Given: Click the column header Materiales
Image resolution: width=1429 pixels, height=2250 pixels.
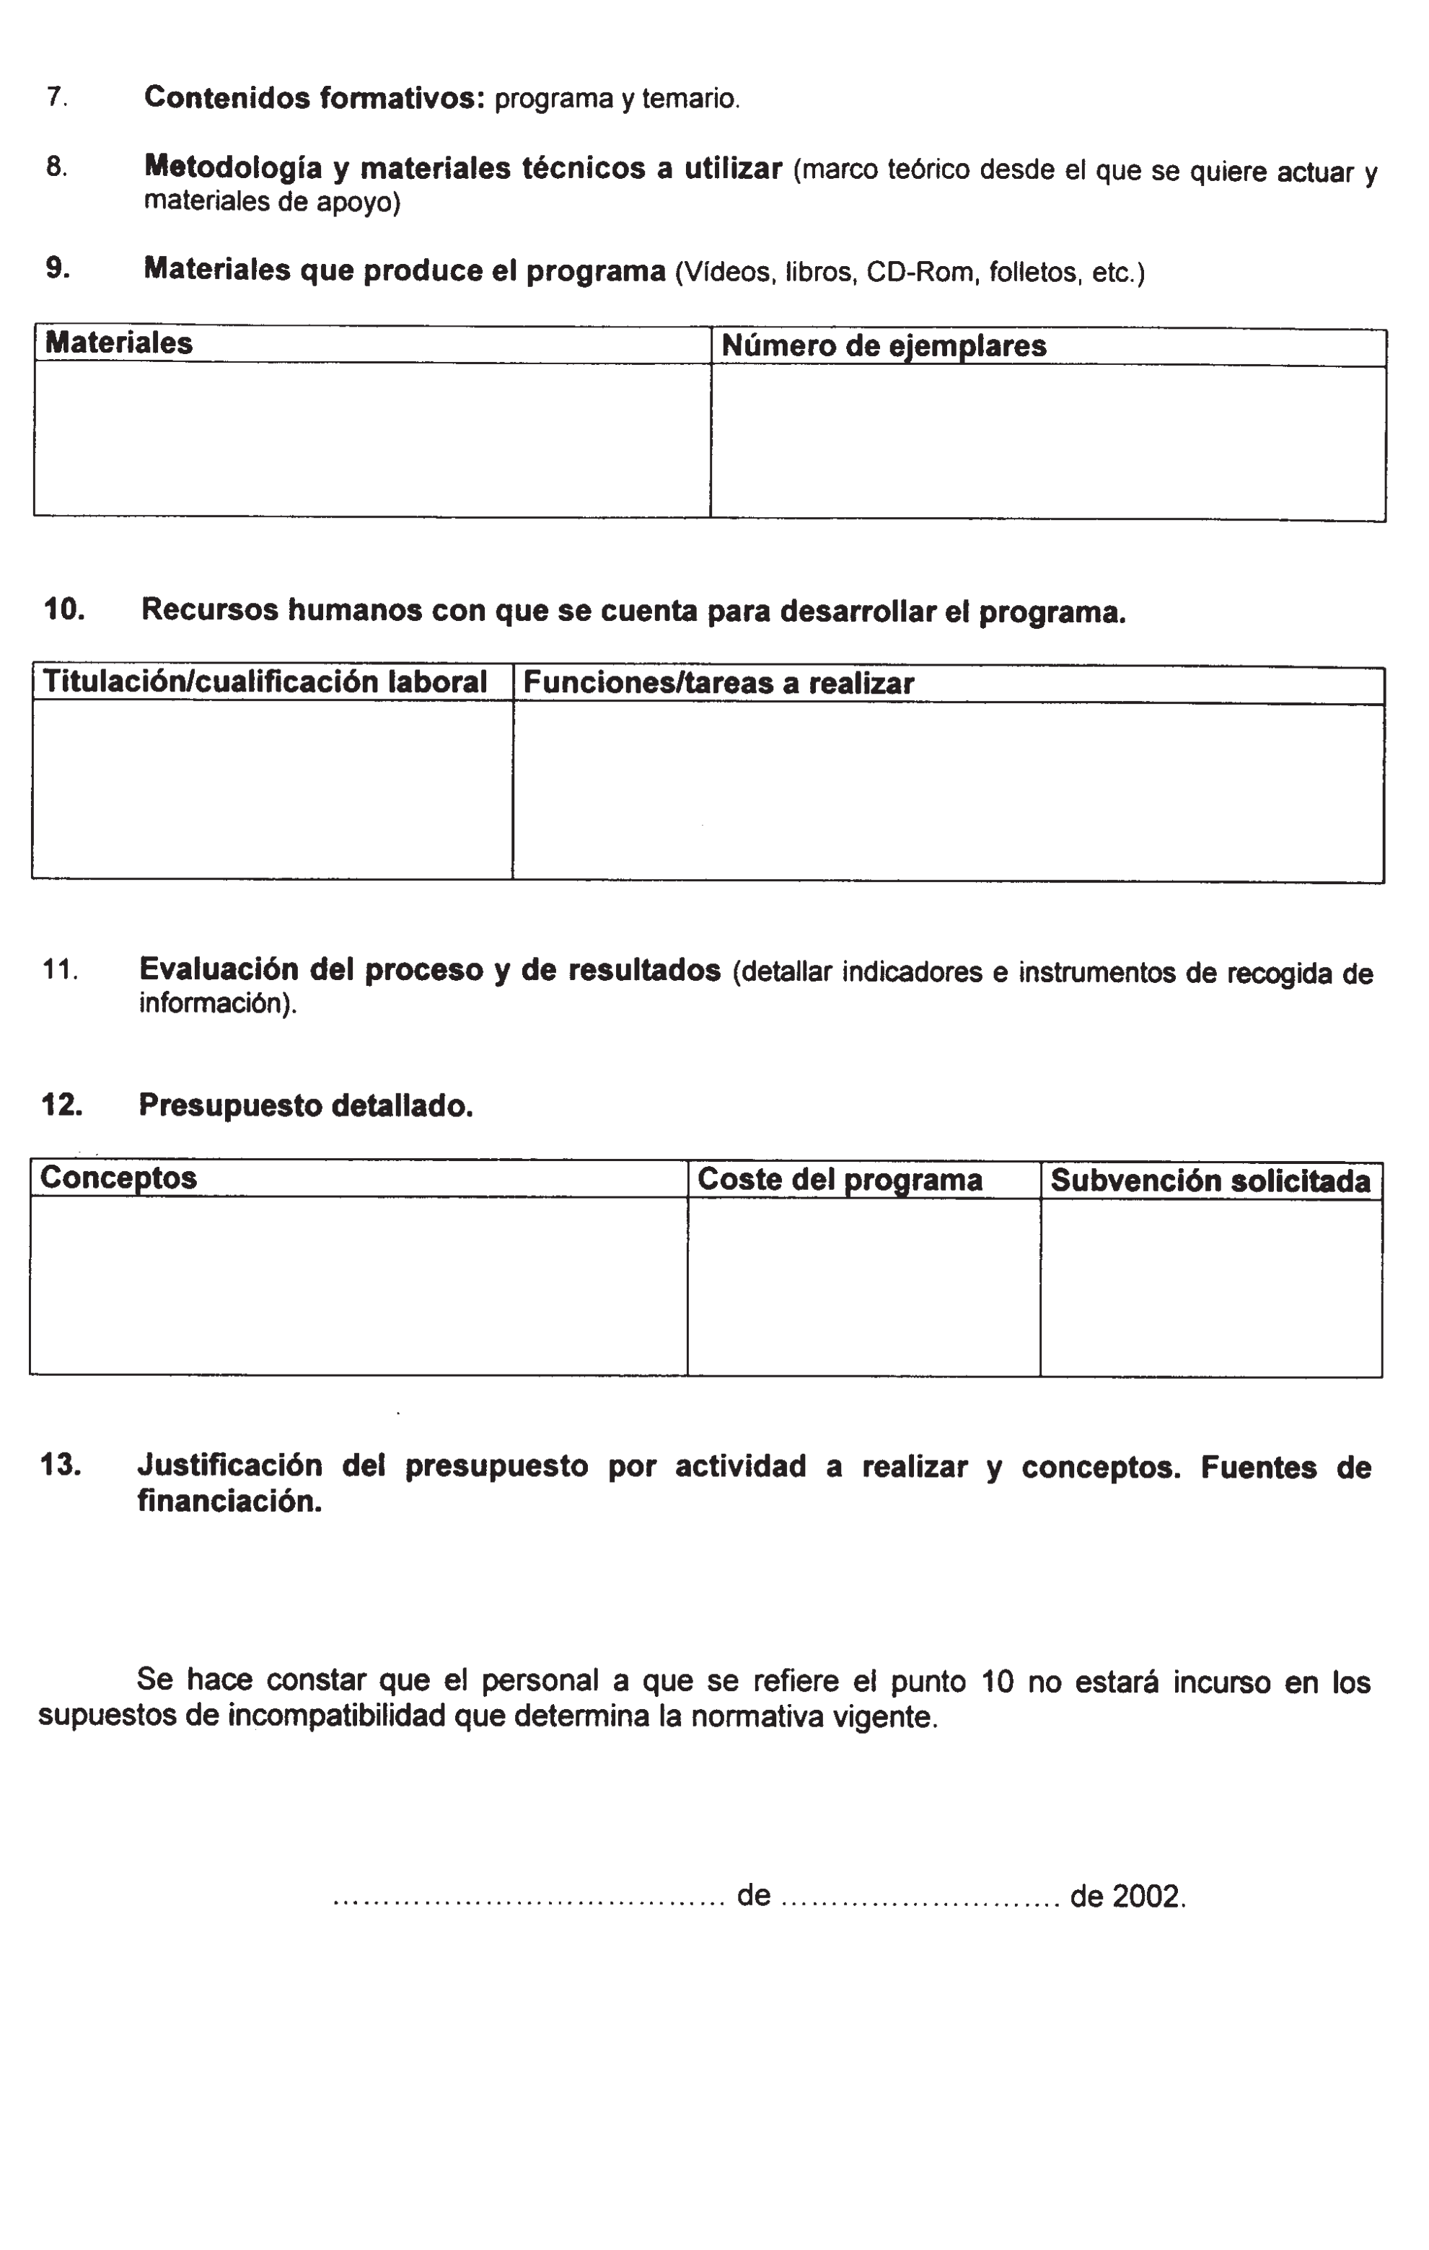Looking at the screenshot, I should coord(119,343).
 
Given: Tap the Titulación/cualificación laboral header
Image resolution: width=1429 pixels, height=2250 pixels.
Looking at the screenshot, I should coord(265,682).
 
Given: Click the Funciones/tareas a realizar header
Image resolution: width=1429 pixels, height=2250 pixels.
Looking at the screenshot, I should coord(718,683).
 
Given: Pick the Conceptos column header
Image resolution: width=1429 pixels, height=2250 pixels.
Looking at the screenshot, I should coord(119,1178).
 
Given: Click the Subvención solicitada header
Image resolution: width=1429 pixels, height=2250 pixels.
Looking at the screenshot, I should coord(1210,1181).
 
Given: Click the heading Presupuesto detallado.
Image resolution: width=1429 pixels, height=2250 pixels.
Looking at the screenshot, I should coord(306,1106).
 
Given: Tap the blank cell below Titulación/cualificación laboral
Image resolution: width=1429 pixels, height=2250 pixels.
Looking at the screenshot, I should coord(271,790).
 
